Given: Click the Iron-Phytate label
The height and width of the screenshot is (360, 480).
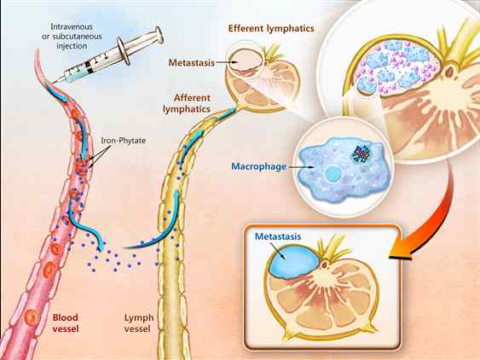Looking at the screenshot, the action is (x=124, y=141).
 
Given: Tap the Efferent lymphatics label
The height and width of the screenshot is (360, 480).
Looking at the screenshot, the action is (x=271, y=28).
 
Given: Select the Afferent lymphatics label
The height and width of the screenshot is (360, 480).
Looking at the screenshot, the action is (x=187, y=103).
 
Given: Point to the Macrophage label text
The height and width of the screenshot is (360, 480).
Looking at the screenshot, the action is (x=258, y=166).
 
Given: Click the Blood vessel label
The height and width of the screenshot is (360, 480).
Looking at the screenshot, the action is (x=65, y=323).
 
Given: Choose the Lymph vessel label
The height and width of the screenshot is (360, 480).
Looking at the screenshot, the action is (x=139, y=323).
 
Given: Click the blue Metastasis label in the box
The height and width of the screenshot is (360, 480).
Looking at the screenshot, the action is (x=278, y=236).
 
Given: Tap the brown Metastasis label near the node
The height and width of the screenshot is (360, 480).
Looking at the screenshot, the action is (x=191, y=63).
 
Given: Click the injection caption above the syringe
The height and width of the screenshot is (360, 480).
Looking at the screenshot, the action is (x=72, y=36).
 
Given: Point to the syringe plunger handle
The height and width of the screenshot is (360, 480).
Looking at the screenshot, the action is (x=159, y=35).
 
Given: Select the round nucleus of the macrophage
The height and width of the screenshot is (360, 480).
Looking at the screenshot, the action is (x=333, y=174).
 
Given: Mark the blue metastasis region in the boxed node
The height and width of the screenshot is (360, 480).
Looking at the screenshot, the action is (x=293, y=261).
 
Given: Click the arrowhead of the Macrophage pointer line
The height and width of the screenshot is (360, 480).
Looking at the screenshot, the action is (x=312, y=167).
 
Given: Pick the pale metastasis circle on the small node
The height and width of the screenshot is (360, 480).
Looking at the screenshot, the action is (x=245, y=60).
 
